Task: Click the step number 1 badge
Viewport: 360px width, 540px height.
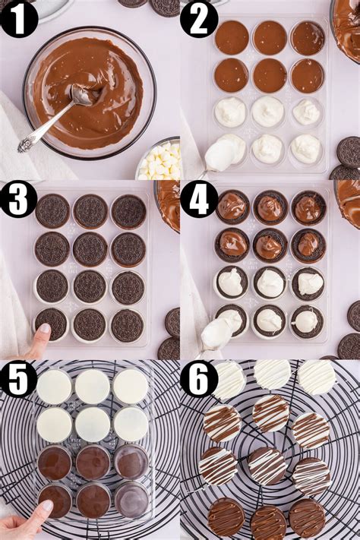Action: coord(19,19)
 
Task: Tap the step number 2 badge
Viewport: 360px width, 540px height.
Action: coord(199,19)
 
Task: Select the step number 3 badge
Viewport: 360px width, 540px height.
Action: coord(19,200)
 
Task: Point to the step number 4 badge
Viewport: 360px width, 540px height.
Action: coord(199,200)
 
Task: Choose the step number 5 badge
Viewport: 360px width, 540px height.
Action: coord(19,378)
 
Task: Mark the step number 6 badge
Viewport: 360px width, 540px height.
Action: coord(199,378)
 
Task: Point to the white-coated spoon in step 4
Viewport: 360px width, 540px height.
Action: coord(217,333)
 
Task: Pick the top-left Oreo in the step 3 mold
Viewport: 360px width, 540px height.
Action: coord(52,210)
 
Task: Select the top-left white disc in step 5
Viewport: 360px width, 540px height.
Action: coord(54,387)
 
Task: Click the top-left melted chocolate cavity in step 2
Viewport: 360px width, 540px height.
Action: coord(231,37)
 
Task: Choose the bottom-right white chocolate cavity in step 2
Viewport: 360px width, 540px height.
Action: coord(305,148)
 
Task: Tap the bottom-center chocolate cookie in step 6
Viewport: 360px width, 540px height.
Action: coord(269,522)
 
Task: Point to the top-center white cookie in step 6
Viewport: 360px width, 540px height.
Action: coord(272,374)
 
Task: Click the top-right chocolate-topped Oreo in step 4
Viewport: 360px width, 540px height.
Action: coord(308,207)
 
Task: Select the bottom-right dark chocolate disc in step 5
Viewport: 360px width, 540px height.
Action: coord(132,499)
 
